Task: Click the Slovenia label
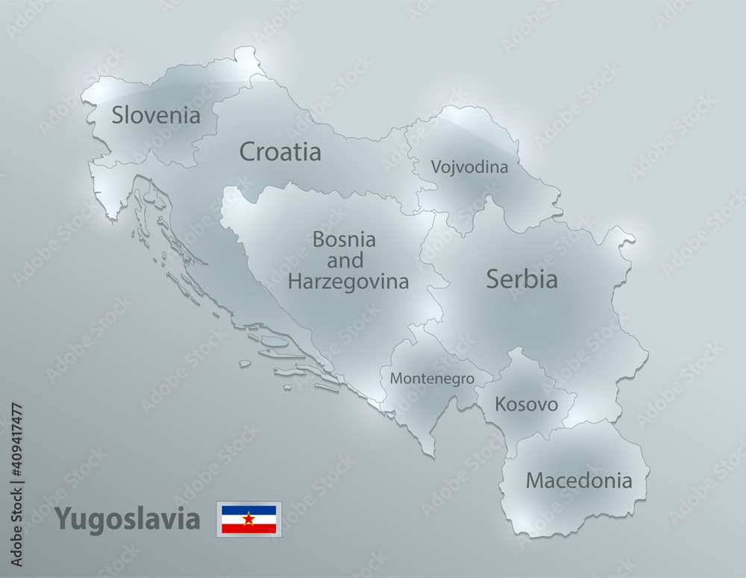tap(156, 116)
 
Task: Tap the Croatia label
tap(280, 152)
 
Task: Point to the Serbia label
tap(521, 280)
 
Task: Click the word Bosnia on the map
tap(344, 240)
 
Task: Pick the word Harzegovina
tap(348, 282)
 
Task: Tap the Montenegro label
tap(431, 379)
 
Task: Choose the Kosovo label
tap(527, 405)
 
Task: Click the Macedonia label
tap(579, 480)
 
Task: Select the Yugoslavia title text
tap(128, 518)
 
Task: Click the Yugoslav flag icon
tap(248, 519)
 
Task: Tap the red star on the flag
tap(248, 518)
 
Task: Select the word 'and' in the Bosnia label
tap(345, 261)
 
